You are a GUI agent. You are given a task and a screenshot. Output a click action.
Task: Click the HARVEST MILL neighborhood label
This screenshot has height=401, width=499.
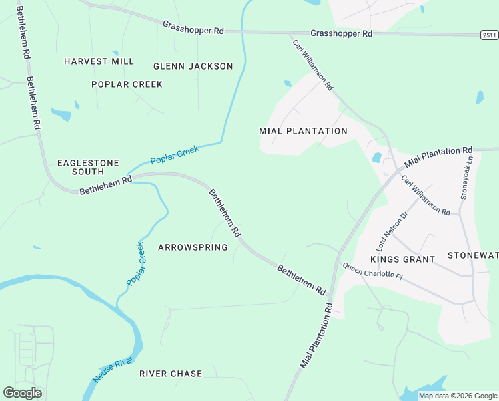[99, 61]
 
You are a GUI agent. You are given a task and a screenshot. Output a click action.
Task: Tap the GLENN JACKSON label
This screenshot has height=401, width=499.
[193, 66]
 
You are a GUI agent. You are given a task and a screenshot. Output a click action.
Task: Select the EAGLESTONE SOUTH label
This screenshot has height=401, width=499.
[79, 167]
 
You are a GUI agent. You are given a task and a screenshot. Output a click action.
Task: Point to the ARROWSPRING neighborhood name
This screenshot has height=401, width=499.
[193, 247]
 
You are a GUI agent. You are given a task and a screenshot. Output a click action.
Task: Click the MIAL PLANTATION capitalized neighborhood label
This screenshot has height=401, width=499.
[303, 131]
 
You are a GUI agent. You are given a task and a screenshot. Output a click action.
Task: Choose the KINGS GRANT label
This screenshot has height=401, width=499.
[402, 259]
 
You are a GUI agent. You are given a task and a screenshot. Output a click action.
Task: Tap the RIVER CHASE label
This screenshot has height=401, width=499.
[171, 374]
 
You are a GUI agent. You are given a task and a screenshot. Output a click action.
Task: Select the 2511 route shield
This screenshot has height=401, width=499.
[489, 35]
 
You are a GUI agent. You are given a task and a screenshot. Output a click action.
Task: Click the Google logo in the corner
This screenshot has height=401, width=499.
[22, 393]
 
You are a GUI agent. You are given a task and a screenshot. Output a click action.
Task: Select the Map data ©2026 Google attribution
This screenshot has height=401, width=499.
[458, 396]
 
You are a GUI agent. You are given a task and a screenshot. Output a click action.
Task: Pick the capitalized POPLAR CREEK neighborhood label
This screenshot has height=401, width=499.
[127, 84]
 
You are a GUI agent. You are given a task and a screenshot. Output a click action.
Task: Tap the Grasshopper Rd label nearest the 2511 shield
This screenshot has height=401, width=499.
[341, 33]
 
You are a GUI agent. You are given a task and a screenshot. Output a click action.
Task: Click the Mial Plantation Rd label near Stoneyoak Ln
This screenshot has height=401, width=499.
[438, 157]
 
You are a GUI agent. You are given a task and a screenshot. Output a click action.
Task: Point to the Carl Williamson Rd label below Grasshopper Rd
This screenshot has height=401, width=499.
[312, 65]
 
